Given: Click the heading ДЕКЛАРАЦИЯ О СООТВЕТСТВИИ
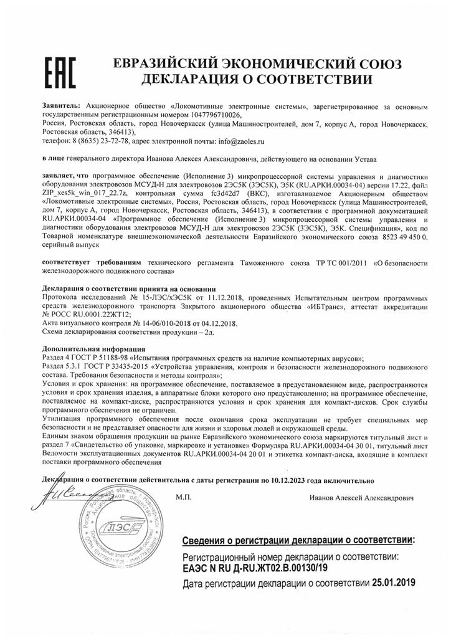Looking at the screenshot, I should pyautogui.click(x=257, y=80).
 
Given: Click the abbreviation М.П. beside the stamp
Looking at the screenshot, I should pyautogui.click(x=184, y=498).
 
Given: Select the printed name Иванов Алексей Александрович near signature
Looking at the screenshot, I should pyautogui.click(x=363, y=498).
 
